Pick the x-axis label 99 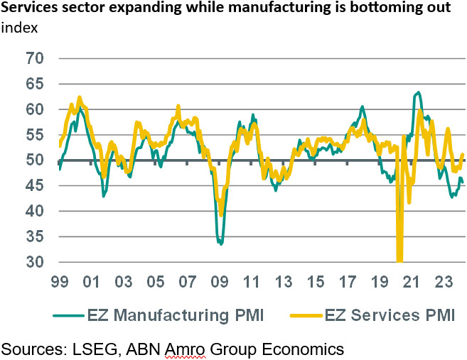point(59,280)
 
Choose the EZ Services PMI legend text point(389,314)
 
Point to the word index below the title point(20,28)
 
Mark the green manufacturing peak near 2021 point(419,92)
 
